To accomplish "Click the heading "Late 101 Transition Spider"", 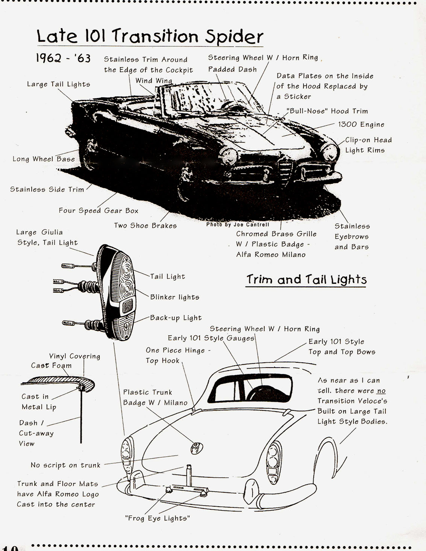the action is pyautogui.click(x=150, y=36).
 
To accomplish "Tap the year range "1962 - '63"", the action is pyautogui.click(x=63, y=58).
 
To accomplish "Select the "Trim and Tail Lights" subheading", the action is pyautogui.click(x=306, y=279).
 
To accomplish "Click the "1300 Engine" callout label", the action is pyautogui.click(x=361, y=124).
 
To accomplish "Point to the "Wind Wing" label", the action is pyautogui.click(x=154, y=81).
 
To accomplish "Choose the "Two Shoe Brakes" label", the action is pyautogui.click(x=145, y=226).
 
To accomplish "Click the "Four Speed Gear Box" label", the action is pyautogui.click(x=99, y=210).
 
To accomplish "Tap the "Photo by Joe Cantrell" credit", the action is pyautogui.click(x=238, y=224).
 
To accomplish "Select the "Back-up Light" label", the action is pyautogui.click(x=176, y=318).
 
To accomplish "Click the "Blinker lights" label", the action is pyautogui.click(x=175, y=297).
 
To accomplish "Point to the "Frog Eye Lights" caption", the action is pyautogui.click(x=158, y=518).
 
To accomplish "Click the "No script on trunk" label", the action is pyautogui.click(x=65, y=465).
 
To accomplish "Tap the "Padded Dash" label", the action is pyautogui.click(x=232, y=69).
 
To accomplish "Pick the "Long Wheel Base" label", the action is pyautogui.click(x=44, y=159).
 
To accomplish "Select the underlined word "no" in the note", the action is pyautogui.click(x=381, y=391).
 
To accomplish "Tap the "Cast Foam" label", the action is pyautogui.click(x=51, y=365).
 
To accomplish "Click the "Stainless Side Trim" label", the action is pyautogui.click(x=47, y=189).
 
